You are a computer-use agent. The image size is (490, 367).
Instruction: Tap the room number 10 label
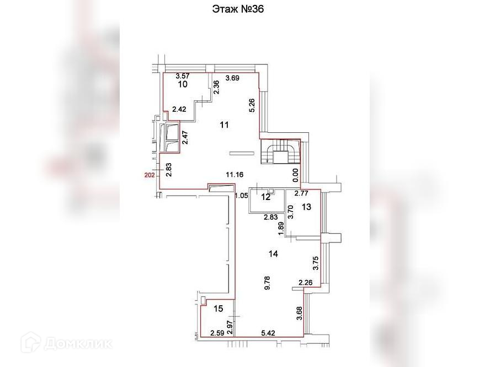tap(182, 84)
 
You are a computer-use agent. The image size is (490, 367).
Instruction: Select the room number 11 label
tap(224, 125)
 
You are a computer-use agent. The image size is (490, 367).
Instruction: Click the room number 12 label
tap(266, 197)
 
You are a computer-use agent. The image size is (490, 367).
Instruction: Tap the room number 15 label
tap(218, 309)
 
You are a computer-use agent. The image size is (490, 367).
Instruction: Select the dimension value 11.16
tap(235, 175)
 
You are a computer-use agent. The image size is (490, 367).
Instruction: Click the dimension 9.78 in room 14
tap(267, 283)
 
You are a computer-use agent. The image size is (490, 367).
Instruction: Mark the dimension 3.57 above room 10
tap(182, 76)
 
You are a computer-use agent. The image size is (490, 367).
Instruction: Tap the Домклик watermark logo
tap(66, 343)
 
